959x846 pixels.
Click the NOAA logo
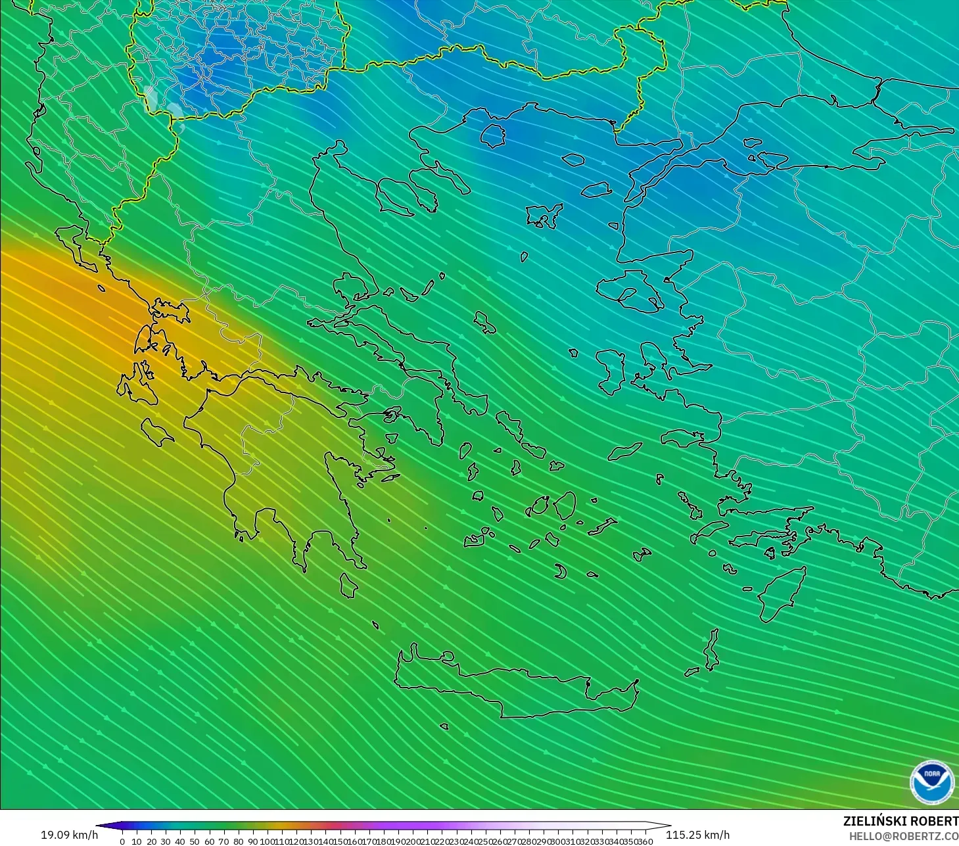(932, 782)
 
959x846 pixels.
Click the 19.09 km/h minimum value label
(69, 835)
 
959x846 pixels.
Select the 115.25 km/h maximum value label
(697, 835)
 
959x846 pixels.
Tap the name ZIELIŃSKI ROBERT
(901, 821)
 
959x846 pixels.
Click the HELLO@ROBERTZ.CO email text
(903, 836)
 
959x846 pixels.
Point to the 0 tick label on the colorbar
(122, 841)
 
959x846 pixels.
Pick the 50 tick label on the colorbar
(195, 841)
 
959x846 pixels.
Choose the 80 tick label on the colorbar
(238, 841)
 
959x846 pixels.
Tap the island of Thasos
(493, 135)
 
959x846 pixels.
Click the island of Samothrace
(573, 159)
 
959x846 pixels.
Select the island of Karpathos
(711, 649)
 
